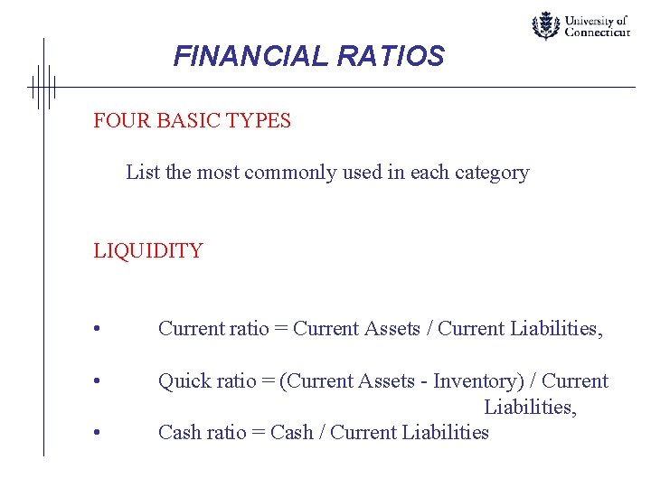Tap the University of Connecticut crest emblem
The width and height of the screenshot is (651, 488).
click(x=545, y=25)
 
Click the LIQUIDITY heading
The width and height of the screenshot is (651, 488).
click(x=148, y=250)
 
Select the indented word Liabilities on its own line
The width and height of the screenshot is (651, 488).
click(x=530, y=408)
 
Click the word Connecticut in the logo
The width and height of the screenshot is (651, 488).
click(x=597, y=32)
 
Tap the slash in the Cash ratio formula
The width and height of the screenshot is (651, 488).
click(x=321, y=432)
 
